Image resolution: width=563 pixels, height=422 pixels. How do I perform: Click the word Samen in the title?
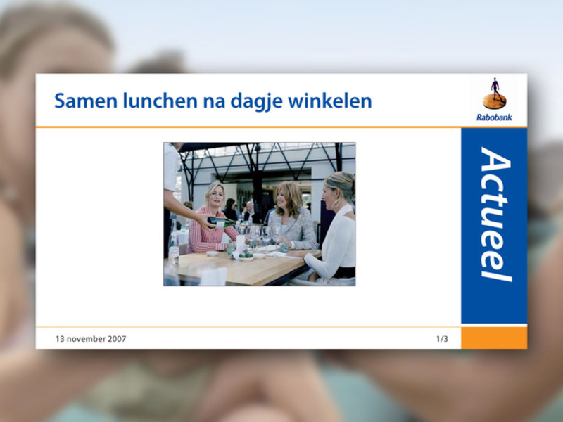(x=86, y=101)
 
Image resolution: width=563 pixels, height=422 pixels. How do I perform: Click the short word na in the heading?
(x=215, y=102)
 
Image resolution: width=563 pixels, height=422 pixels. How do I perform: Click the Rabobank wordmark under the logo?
(x=494, y=117)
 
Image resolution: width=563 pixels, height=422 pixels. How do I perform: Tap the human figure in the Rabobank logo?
(x=495, y=89)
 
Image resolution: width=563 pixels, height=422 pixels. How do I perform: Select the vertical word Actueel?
(x=495, y=215)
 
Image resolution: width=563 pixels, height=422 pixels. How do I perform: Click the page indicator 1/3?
(x=442, y=339)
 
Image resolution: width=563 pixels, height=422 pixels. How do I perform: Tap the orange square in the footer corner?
(x=494, y=338)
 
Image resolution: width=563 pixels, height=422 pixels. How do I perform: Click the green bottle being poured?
(x=222, y=222)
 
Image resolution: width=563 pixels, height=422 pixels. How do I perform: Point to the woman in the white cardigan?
(x=332, y=230)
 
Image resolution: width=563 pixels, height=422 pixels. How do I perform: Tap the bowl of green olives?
(x=246, y=256)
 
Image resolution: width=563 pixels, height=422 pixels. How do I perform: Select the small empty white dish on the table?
(x=213, y=254)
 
